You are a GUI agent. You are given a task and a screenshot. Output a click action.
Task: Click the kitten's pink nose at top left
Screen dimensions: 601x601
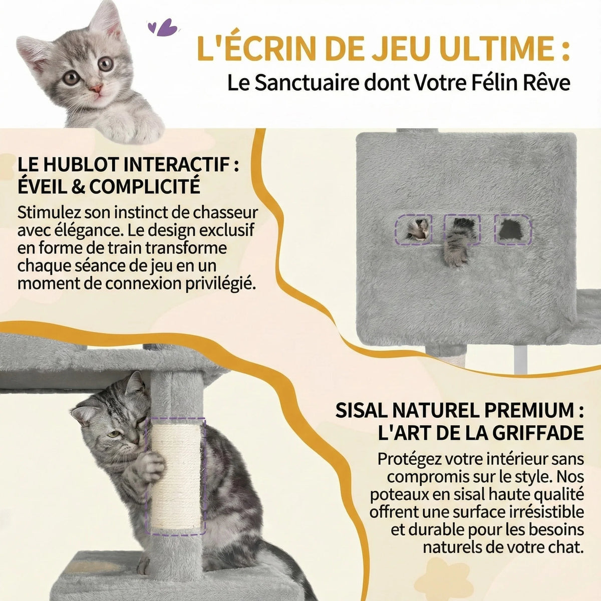pyautogui.click(x=96, y=90)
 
